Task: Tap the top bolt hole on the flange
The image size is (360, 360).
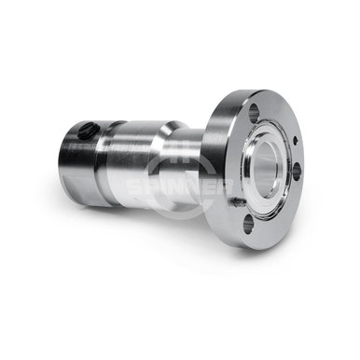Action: (x=254, y=111)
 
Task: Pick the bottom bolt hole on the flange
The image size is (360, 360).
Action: (x=248, y=225)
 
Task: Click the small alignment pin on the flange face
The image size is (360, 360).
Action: (x=238, y=202)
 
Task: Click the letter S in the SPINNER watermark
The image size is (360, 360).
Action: (x=133, y=187)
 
